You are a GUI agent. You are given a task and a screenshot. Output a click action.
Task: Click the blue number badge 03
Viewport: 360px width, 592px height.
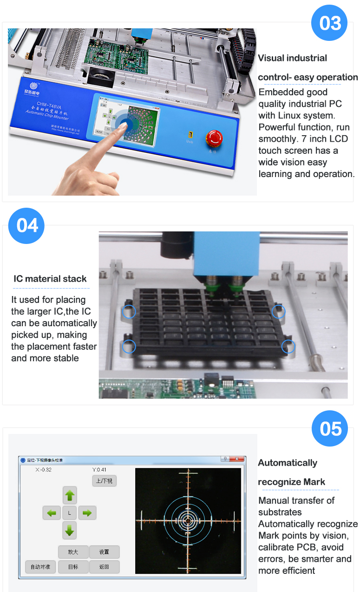330,23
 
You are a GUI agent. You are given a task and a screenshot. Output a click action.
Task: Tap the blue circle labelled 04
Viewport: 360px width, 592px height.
27,226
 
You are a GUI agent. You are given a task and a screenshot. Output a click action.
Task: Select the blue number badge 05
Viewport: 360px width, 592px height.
330,428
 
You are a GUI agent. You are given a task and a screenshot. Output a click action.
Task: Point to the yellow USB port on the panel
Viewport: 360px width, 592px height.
190,134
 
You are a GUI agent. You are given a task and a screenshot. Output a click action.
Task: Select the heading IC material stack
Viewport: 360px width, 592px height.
50,279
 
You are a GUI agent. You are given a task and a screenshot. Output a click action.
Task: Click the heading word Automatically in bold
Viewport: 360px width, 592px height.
288,463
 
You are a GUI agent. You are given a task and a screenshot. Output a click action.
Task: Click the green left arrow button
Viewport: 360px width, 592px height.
52,513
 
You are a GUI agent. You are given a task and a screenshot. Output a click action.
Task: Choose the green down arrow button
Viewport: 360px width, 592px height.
70,530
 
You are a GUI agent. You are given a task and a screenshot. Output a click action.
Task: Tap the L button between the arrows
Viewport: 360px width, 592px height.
70,513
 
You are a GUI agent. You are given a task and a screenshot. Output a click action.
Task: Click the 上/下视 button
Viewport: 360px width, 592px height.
104,481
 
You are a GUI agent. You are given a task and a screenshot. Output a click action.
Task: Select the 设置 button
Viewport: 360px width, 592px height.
104,552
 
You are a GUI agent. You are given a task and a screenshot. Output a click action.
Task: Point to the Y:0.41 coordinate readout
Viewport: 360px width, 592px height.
99,470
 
